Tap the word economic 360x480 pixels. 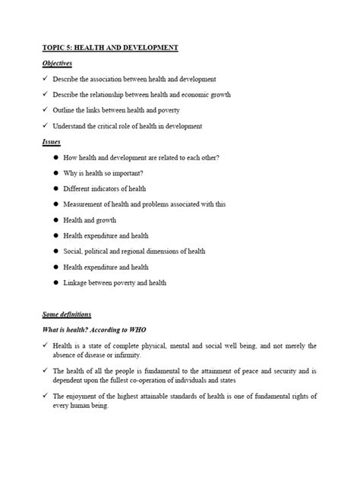point(195,95)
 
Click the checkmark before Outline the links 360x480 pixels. point(46,110)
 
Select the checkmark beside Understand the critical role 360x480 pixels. point(46,126)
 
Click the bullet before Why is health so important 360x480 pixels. point(56,172)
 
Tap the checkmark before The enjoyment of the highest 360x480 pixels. point(46,396)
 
